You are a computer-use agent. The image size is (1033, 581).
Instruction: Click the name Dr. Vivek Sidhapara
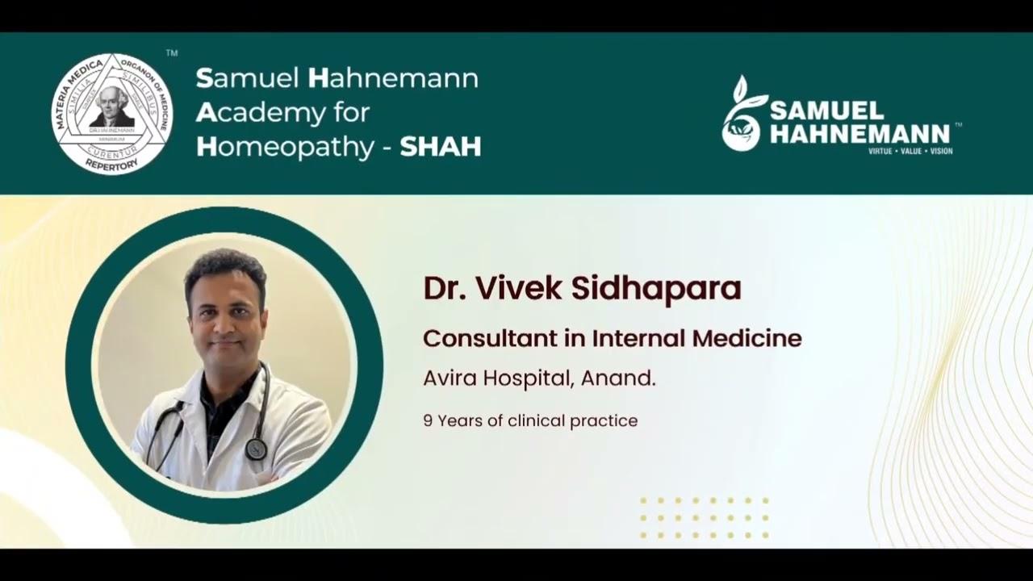pos(582,289)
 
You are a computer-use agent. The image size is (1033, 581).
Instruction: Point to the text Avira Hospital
pos(496,378)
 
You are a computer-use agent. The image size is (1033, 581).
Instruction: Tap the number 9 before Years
pos(428,420)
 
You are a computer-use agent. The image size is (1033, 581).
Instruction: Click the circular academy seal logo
pos(112,113)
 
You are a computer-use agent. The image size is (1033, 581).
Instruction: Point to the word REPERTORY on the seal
pos(112,164)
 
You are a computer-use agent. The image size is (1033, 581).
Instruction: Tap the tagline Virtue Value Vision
pos(910,151)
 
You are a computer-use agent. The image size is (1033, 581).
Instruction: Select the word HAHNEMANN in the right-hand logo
pos(859,133)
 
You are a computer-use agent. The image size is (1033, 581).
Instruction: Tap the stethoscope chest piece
pos(256,449)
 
